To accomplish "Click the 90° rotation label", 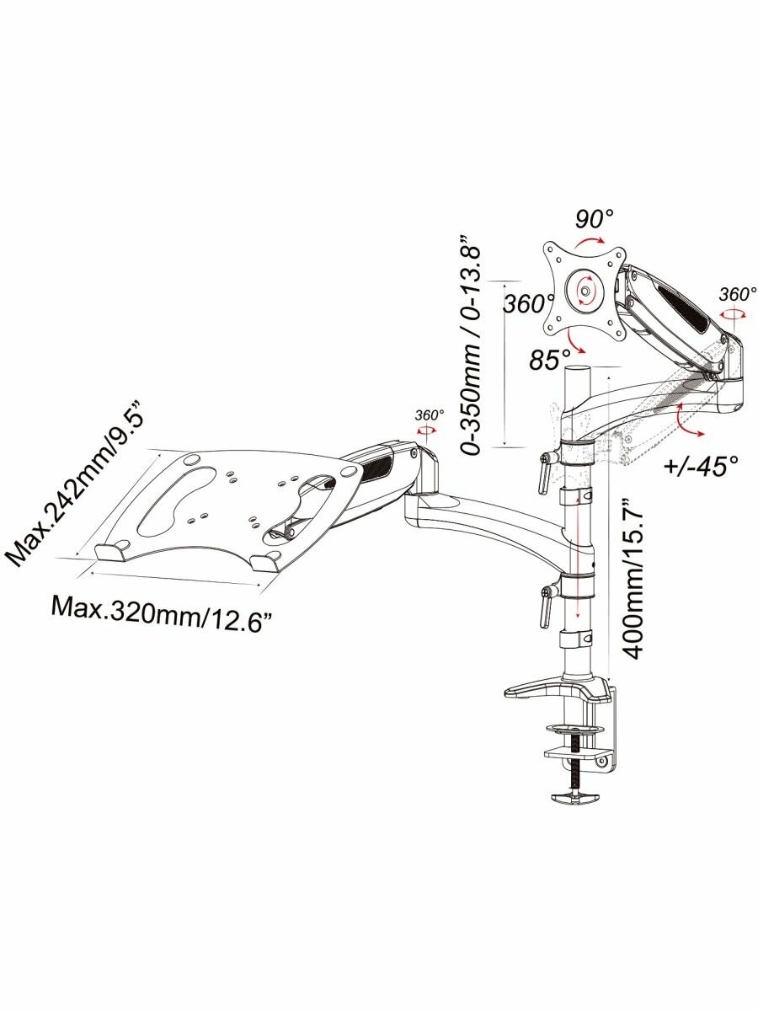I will click(595, 220).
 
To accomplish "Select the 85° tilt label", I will click(550, 360).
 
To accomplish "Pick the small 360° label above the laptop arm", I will click(429, 415).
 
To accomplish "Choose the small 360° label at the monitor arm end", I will click(738, 295).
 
